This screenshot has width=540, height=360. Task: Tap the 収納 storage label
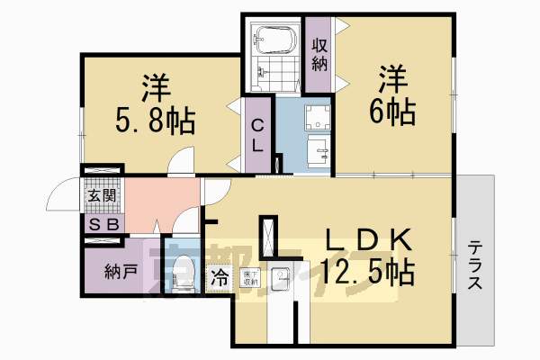pos(319,54)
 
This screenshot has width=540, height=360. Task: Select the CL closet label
pos(256,136)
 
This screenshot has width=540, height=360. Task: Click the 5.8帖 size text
pos(156,120)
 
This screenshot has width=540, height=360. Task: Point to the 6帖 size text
pos(394,112)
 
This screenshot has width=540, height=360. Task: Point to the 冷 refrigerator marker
pos(220,278)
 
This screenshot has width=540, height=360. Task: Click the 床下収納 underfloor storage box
pos(249,278)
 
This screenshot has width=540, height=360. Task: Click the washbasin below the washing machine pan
pos(318,150)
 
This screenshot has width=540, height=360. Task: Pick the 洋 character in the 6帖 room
pos(393,78)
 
